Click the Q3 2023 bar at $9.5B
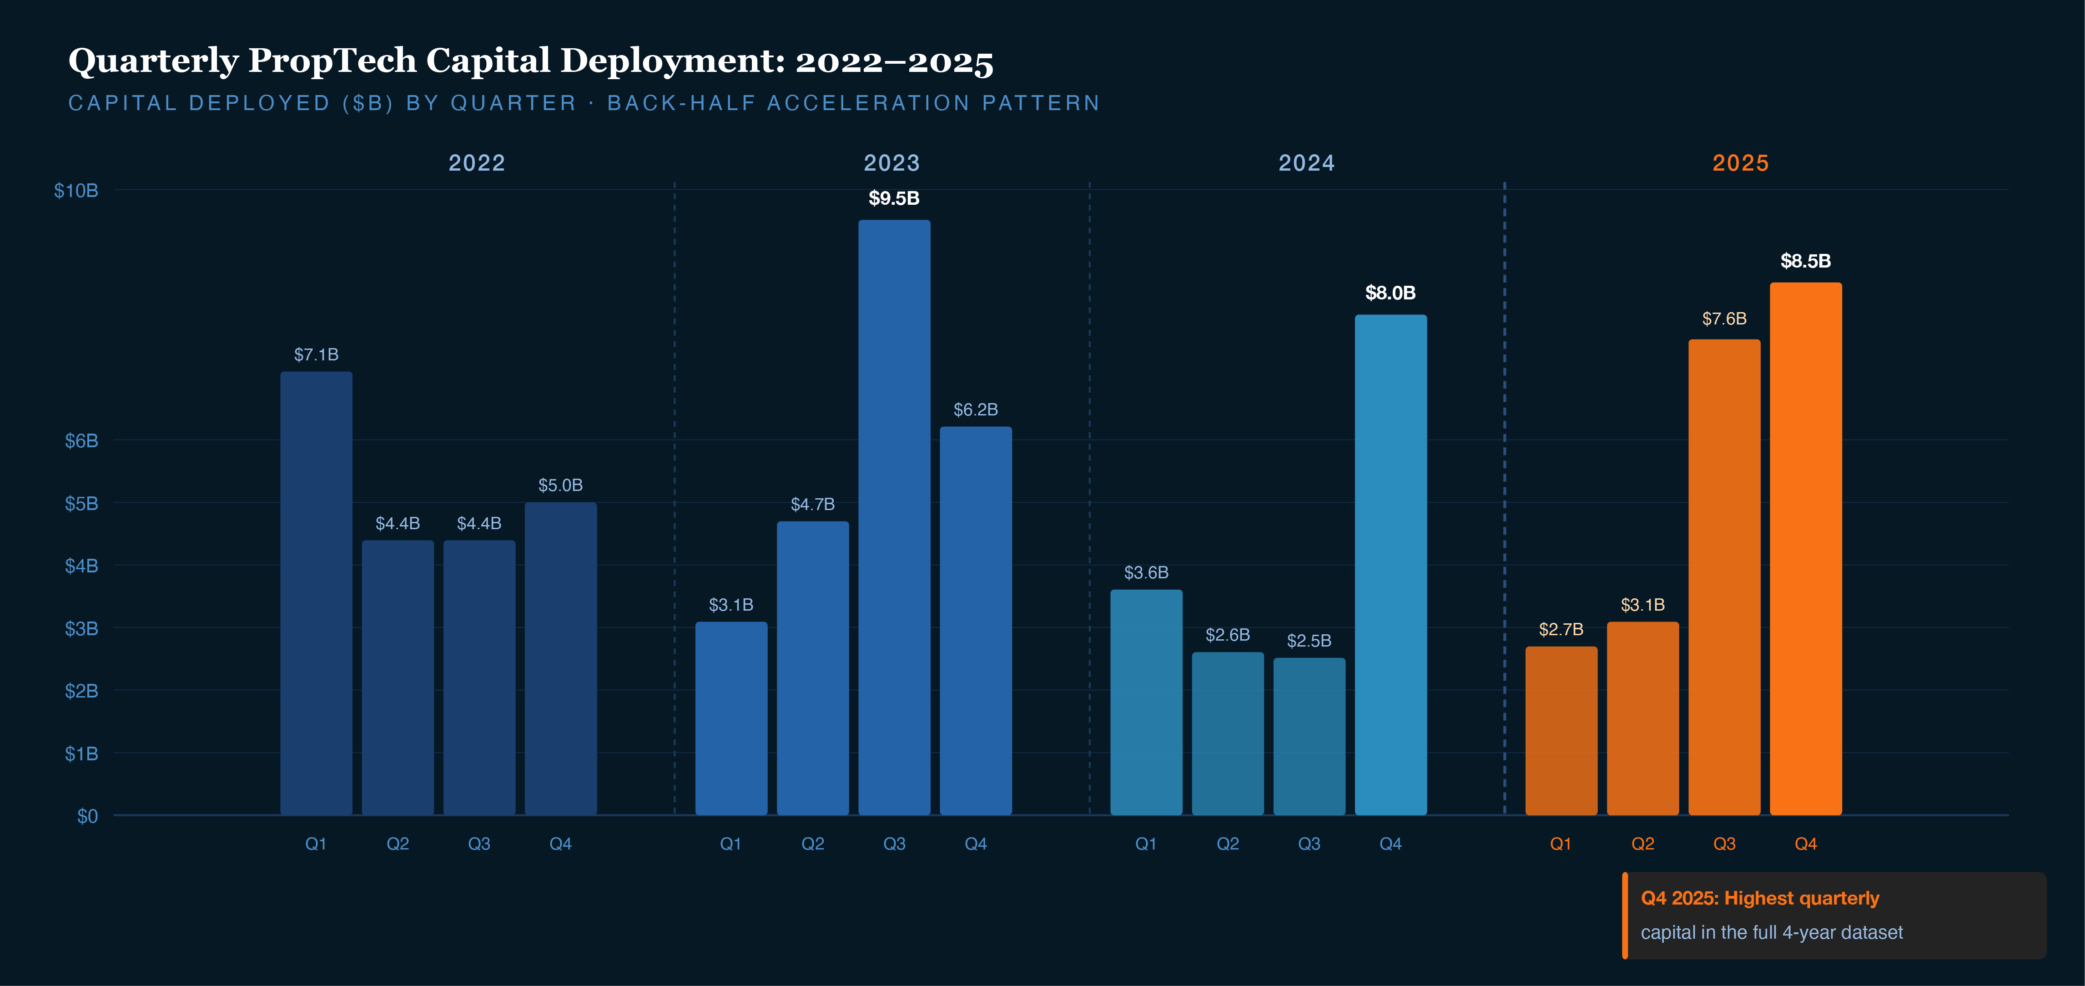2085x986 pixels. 894,518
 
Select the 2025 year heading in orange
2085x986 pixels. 1740,163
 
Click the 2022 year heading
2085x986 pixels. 477,163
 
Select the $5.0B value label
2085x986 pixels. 560,485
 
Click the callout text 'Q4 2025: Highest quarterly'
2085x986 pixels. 1760,899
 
